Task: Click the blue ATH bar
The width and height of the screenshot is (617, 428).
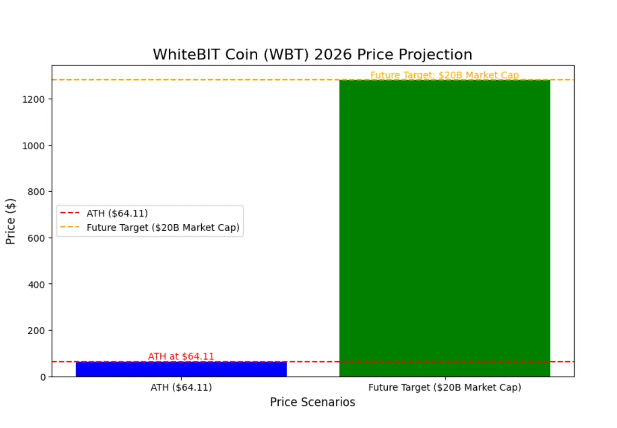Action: tap(181, 369)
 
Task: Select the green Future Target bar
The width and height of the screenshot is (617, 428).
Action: tap(445, 228)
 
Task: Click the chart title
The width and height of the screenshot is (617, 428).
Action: tap(312, 55)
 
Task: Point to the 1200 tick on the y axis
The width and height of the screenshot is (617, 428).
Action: tap(36, 99)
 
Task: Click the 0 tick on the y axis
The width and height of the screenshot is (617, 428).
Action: tap(43, 377)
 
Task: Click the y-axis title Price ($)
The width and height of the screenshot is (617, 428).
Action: tap(11, 221)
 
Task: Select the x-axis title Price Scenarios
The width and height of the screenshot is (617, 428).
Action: tap(312, 402)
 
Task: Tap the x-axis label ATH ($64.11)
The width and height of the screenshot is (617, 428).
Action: tap(181, 387)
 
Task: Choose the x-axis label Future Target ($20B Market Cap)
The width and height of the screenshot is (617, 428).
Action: tap(445, 387)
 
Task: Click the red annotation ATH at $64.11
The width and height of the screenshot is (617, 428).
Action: tap(181, 357)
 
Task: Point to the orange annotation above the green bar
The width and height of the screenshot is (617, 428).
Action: tap(445, 75)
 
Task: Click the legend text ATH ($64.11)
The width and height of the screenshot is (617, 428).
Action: tap(117, 214)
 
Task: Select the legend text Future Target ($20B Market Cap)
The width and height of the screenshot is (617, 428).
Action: tap(163, 228)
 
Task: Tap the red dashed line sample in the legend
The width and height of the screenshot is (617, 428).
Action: tap(70, 214)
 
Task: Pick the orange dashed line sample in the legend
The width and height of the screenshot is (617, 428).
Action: tap(70, 228)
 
